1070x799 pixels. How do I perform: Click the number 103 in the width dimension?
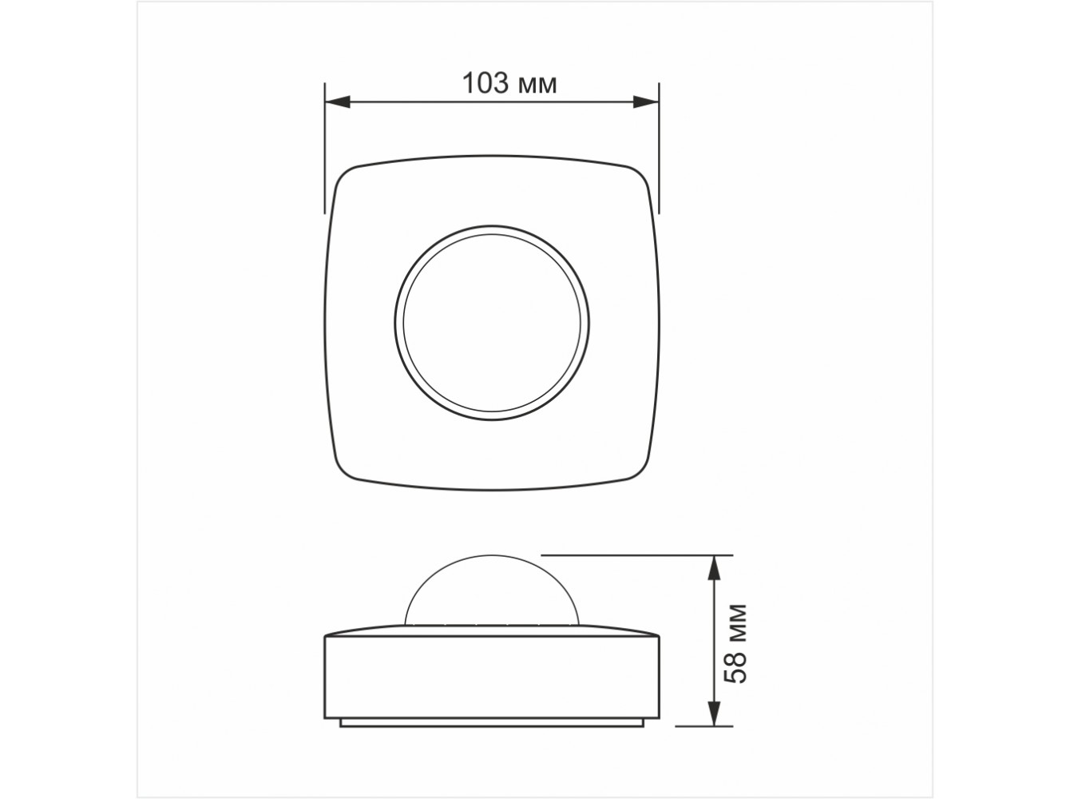pos(485,83)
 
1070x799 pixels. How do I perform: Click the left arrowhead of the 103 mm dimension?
pos(338,102)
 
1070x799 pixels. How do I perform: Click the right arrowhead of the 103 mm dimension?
pos(646,102)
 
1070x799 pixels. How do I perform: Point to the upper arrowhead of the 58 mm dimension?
pos(714,567)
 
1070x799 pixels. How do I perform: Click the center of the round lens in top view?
pos(492,323)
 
